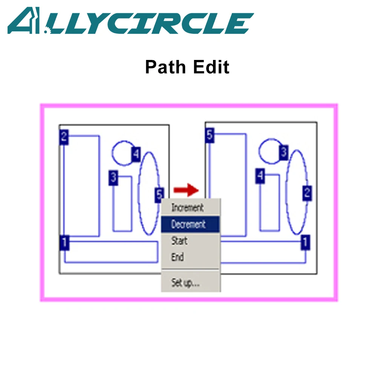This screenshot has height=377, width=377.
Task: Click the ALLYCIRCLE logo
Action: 130,21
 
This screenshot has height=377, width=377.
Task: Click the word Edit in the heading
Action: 211,67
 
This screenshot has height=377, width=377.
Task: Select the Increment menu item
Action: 187,208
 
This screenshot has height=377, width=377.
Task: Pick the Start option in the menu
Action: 179,241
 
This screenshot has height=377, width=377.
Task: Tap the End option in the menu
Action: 177,257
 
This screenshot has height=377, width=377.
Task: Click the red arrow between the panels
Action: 186,190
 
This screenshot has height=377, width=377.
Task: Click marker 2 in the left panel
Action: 64,137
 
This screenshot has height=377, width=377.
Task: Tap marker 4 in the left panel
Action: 136,154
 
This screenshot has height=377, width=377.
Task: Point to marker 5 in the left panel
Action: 159,195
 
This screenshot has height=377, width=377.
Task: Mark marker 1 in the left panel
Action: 64,242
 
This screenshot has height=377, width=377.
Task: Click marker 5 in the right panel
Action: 210,135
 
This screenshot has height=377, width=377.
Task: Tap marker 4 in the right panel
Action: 260,176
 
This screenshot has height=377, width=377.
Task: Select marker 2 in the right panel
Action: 307,193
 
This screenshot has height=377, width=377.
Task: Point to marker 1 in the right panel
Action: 305,241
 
